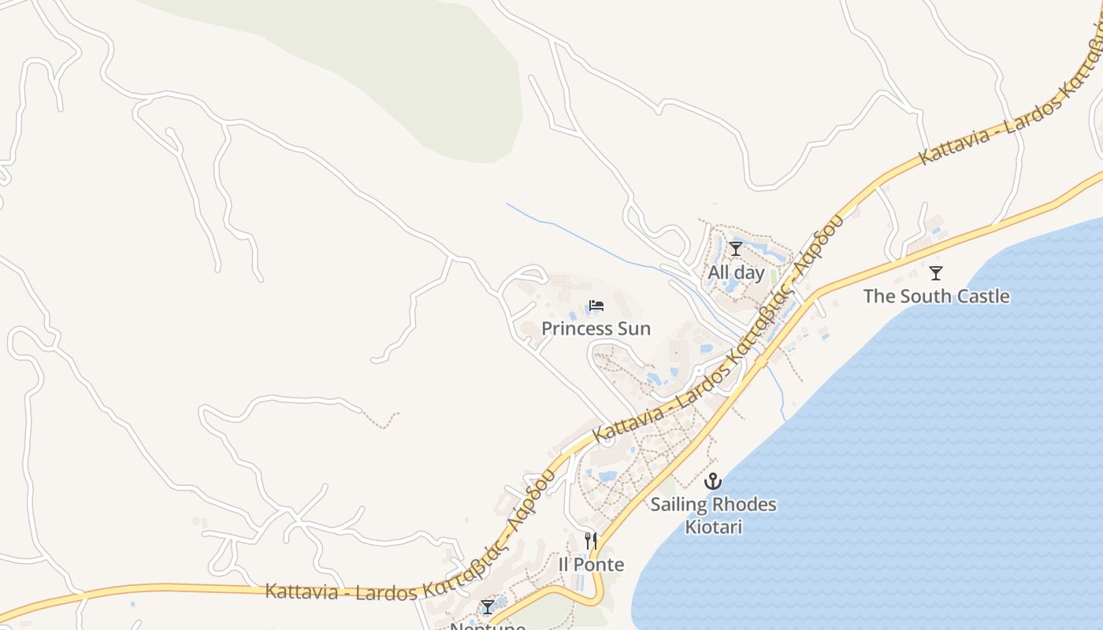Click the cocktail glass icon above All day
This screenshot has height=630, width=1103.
pyautogui.click(x=735, y=249)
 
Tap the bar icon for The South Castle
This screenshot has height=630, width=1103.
pyautogui.click(x=935, y=273)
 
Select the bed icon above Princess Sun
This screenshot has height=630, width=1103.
pyautogui.click(x=596, y=306)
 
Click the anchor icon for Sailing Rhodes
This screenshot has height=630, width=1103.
pyautogui.click(x=713, y=480)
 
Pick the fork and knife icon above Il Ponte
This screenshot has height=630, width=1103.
pyautogui.click(x=591, y=540)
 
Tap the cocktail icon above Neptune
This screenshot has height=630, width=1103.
pyautogui.click(x=488, y=606)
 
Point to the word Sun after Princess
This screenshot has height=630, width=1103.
pyautogui.click(x=634, y=328)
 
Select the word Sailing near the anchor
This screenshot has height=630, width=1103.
pyautogui.click(x=679, y=505)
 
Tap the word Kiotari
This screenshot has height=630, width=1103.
pyautogui.click(x=713, y=526)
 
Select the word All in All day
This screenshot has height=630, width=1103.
pyautogui.click(x=719, y=272)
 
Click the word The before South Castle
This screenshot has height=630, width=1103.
pyautogui.click(x=879, y=296)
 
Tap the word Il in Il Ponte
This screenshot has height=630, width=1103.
pyautogui.click(x=563, y=565)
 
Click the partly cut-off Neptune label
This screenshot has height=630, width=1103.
pyautogui.click(x=488, y=626)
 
